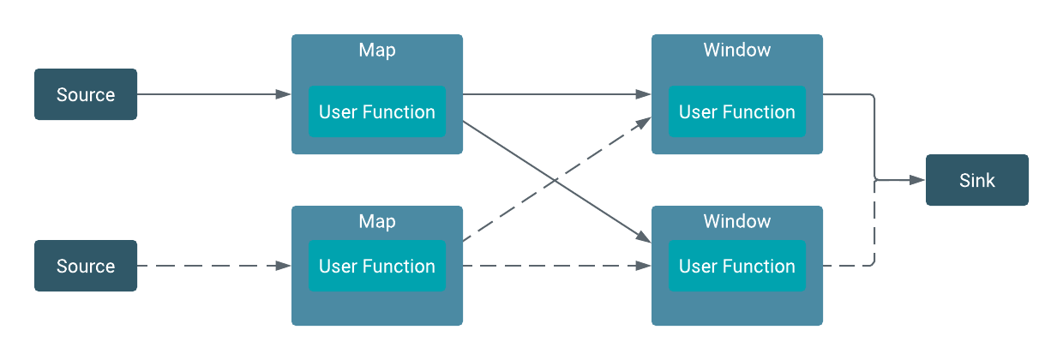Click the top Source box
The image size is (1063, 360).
click(x=86, y=94)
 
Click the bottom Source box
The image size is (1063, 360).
click(x=86, y=266)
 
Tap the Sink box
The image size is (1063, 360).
click(x=977, y=180)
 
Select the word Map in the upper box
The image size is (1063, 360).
click(x=377, y=50)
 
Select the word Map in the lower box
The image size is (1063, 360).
click(x=377, y=221)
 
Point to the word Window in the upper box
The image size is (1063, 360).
click(x=737, y=50)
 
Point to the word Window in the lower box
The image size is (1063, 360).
click(x=737, y=221)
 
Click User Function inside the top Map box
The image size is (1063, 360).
click(x=377, y=111)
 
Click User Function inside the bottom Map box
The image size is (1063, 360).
click(x=377, y=266)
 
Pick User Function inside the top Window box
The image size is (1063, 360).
click(x=737, y=111)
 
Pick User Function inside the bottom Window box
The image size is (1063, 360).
click(x=737, y=266)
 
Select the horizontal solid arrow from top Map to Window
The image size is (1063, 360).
click(x=557, y=94)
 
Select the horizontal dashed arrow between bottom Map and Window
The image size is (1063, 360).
click(x=557, y=266)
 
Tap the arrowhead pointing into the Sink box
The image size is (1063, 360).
click(x=918, y=180)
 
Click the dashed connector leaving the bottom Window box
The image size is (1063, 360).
click(x=849, y=266)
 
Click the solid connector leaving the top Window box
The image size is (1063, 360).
click(x=849, y=94)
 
